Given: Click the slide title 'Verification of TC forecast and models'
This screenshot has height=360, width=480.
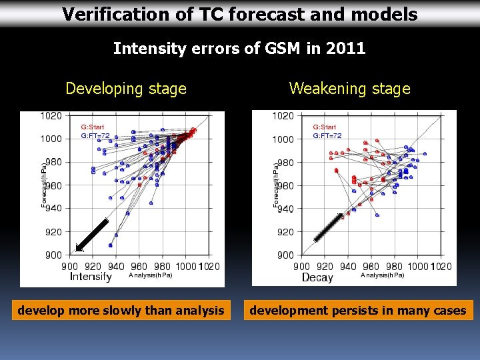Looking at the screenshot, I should (x=240, y=14).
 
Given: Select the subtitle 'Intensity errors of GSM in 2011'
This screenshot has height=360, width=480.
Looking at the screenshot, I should (x=239, y=48).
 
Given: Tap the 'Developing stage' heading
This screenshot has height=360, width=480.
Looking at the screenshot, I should (x=126, y=89).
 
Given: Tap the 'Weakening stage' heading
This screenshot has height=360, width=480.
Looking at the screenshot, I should (x=349, y=89).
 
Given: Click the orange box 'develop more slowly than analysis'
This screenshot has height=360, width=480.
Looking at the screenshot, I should (x=121, y=310).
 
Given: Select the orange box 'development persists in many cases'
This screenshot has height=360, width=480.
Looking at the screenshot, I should (x=357, y=310).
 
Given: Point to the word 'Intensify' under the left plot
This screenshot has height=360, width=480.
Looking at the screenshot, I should (x=91, y=277).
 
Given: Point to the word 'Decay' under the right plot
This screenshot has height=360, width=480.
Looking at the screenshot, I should (x=317, y=277).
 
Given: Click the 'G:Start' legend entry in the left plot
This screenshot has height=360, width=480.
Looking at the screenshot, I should (x=93, y=127).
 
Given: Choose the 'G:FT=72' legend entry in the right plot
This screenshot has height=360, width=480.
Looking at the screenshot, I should (x=327, y=135).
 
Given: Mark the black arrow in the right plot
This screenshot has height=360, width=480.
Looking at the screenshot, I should (x=329, y=227).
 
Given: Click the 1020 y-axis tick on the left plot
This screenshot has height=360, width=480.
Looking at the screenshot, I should (x=51, y=115).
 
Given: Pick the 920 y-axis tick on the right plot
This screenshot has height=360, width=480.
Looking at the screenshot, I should (x=285, y=232).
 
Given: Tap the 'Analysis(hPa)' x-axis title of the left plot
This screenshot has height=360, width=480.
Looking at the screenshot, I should (x=150, y=275).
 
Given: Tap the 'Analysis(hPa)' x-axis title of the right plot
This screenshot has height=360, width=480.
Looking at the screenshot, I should (x=382, y=275).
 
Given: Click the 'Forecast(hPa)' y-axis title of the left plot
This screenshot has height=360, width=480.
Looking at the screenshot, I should (x=45, y=185).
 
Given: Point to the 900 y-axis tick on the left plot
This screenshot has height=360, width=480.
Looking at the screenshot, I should (x=53, y=255).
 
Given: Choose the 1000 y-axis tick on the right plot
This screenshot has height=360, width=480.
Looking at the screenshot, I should (x=283, y=139).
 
